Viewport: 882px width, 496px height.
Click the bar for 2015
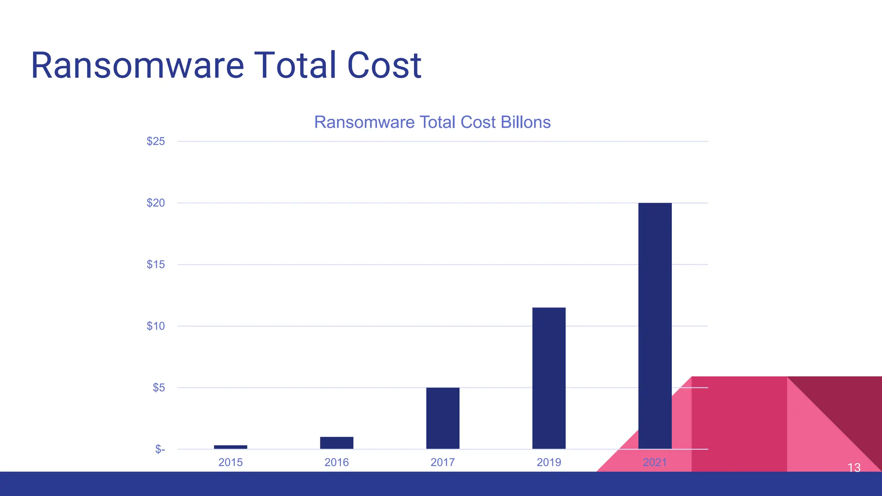[x=230, y=447]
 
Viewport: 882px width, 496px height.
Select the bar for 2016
[x=336, y=443]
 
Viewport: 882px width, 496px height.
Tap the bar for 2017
[x=443, y=418]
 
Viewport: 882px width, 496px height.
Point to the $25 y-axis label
[x=156, y=141]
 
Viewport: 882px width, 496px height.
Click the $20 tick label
[x=156, y=203]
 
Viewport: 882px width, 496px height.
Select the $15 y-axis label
[x=156, y=264]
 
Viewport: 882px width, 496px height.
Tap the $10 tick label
[x=156, y=326]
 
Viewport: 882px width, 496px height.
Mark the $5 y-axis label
[x=159, y=387]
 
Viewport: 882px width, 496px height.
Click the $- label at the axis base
[x=160, y=449]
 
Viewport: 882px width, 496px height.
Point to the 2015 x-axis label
[x=230, y=462]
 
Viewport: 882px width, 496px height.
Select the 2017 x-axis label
[x=443, y=462]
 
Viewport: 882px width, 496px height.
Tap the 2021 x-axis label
[x=655, y=462]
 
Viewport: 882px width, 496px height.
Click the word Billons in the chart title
[x=525, y=122]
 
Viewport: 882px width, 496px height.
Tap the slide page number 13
[x=854, y=468]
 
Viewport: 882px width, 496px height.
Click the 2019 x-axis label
[x=549, y=462]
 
